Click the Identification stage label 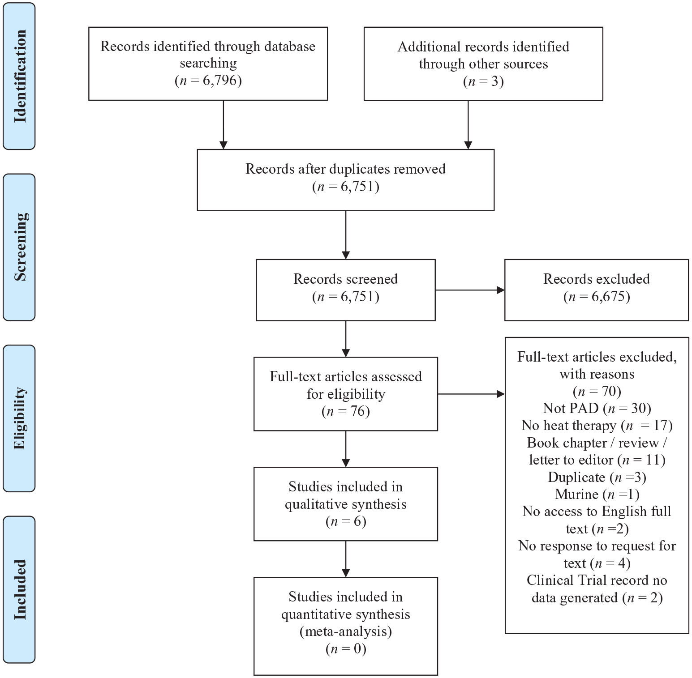[20, 76]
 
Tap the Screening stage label [20, 247]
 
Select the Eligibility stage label [20, 418]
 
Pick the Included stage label [20, 589]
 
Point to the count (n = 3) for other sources [483, 81]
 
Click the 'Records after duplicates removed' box [346, 180]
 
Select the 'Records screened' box [346, 290]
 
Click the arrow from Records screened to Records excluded [470, 290]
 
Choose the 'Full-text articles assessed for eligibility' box [346, 394]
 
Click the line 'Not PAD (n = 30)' [597, 408]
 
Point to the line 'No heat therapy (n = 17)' [597, 425]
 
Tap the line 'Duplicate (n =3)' [597, 477]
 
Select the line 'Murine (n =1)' [597, 494]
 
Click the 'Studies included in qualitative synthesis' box [346, 504]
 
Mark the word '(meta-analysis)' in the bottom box [346, 631]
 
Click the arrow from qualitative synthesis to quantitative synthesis [346, 559]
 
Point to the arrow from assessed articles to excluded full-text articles [471, 394]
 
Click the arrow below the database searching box [224, 125]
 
